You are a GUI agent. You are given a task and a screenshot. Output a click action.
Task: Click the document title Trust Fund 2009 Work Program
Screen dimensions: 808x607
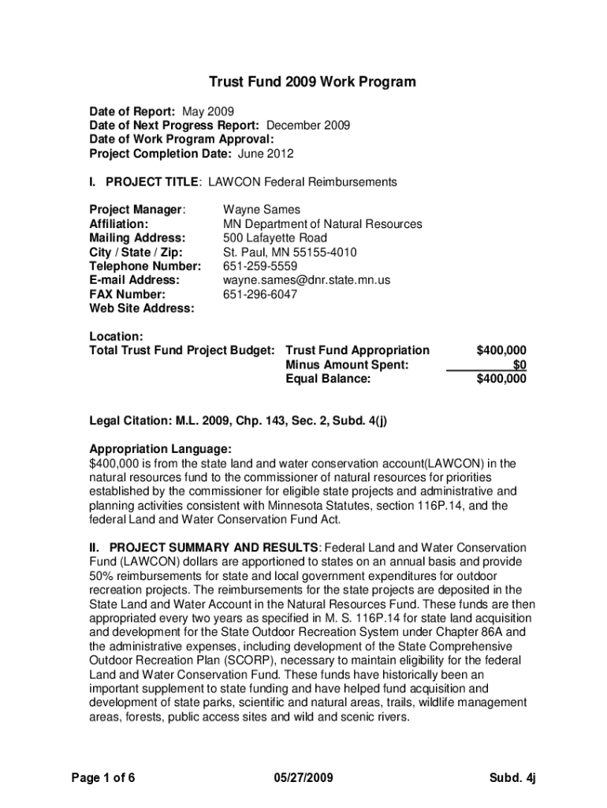(311, 82)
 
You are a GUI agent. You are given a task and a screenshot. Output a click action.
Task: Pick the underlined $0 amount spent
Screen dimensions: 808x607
(519, 365)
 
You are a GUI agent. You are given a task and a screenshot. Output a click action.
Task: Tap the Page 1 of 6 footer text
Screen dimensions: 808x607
(103, 778)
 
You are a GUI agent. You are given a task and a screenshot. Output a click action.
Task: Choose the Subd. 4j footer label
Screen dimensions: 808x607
(512, 778)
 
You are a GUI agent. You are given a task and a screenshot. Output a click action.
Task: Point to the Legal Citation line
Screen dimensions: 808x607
(238, 421)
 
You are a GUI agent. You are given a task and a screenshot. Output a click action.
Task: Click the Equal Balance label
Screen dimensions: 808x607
(328, 379)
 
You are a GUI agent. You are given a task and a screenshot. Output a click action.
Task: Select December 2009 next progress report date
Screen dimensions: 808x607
(308, 125)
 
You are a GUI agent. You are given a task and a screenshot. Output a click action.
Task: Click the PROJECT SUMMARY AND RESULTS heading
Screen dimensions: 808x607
(214, 548)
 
